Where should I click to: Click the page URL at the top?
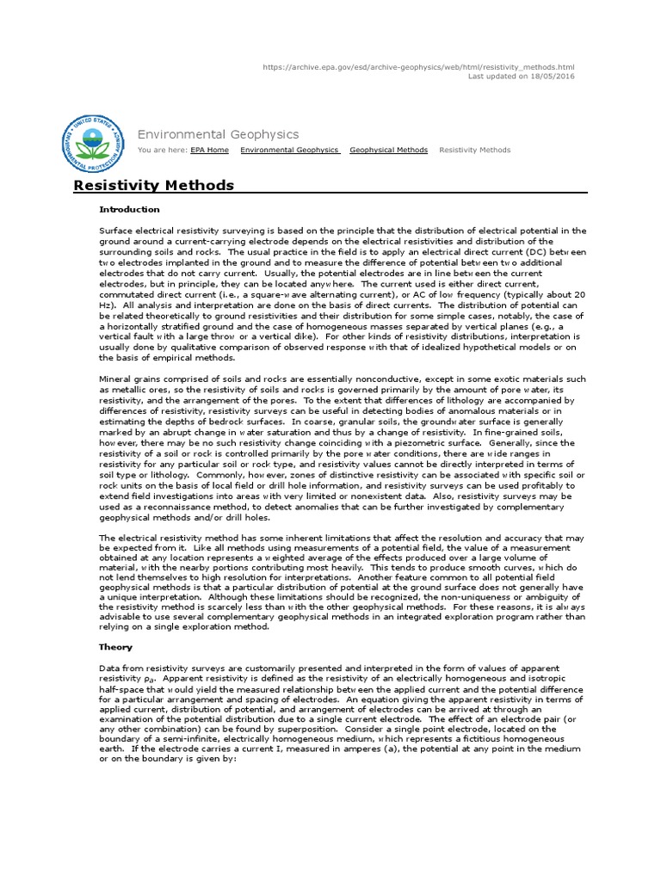417,67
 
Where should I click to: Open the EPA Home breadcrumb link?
210,150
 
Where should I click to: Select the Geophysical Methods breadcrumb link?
388,150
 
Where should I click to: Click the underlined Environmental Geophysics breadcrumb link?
289,150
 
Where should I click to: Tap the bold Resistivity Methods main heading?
153,185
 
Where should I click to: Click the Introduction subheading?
129,209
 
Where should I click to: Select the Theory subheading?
116,647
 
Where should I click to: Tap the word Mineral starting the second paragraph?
116,379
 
